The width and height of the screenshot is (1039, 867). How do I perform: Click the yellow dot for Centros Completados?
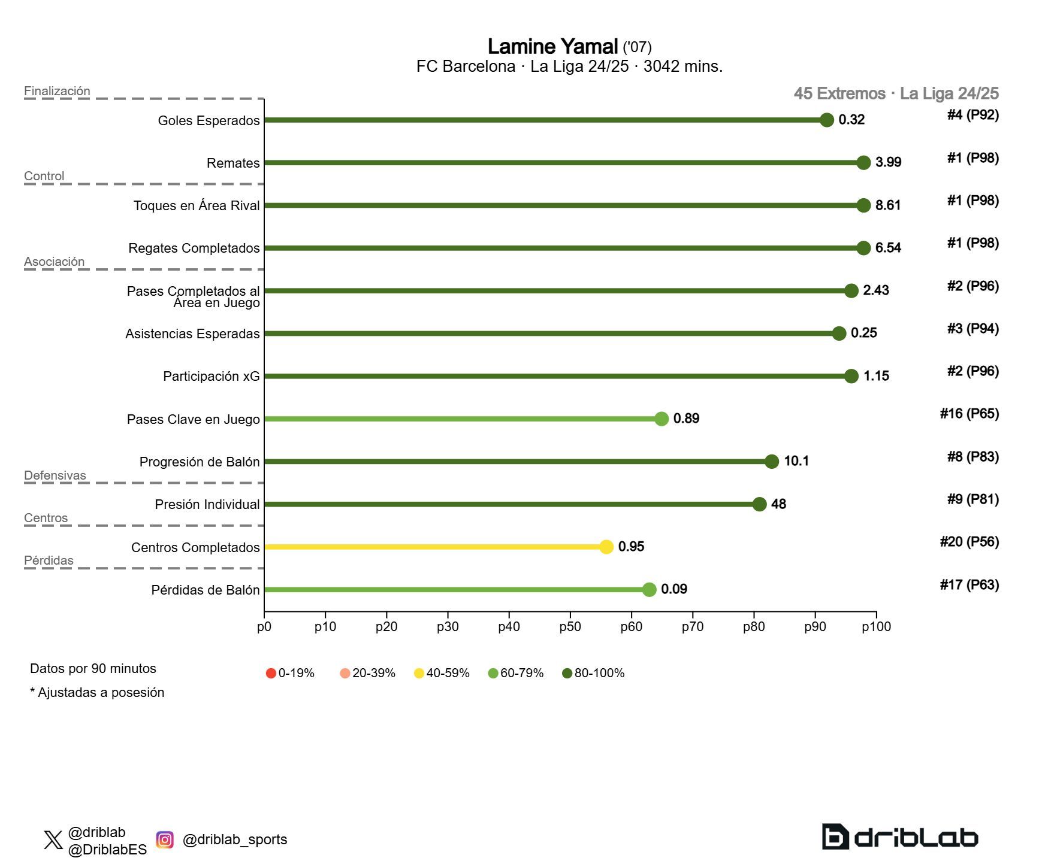(x=606, y=547)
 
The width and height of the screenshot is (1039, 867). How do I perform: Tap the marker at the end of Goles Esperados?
(x=826, y=120)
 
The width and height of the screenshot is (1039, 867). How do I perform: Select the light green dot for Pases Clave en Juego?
(x=661, y=419)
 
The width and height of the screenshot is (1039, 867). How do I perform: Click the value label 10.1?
(x=796, y=461)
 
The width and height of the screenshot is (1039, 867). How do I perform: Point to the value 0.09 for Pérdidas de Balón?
(x=673, y=589)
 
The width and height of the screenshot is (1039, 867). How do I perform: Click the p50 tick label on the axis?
(x=570, y=627)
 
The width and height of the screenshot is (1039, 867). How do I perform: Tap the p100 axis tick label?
(x=876, y=627)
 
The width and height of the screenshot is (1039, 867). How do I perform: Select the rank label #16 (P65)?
(x=969, y=414)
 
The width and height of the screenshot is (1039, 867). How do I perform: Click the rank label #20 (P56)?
(x=969, y=542)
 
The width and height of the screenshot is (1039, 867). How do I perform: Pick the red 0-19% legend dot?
(x=271, y=673)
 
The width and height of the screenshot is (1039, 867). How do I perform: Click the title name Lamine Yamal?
(x=552, y=47)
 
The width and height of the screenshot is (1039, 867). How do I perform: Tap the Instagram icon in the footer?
(x=165, y=839)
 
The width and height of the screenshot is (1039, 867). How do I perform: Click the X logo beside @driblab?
(x=53, y=840)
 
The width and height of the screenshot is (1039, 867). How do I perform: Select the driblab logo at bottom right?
(x=899, y=837)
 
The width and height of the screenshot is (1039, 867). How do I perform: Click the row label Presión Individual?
(x=207, y=505)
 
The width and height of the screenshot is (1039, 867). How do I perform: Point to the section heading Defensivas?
(x=55, y=475)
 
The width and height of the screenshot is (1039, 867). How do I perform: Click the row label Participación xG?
(x=211, y=377)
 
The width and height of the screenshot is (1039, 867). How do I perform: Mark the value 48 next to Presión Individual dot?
(x=778, y=504)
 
